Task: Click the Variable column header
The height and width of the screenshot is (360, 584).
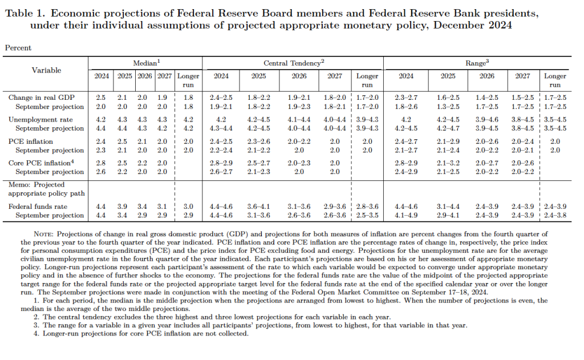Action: tap(46, 70)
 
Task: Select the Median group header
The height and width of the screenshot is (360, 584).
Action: tap(146, 64)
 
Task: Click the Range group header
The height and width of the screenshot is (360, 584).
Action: tap(477, 64)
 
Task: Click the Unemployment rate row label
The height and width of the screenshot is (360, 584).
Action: tap(40, 120)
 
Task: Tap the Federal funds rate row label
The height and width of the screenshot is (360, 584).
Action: tap(38, 207)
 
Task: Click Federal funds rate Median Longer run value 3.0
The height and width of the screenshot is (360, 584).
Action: tap(188, 207)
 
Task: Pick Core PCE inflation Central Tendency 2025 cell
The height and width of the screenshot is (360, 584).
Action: tap(258, 163)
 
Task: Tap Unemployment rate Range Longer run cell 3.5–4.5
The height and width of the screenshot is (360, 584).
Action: tap(554, 120)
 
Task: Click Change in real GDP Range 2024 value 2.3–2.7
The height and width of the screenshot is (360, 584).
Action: tap(405, 98)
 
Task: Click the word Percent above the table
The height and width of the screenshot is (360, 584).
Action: tap(18, 48)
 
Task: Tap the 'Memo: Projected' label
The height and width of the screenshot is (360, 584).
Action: tap(36, 185)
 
